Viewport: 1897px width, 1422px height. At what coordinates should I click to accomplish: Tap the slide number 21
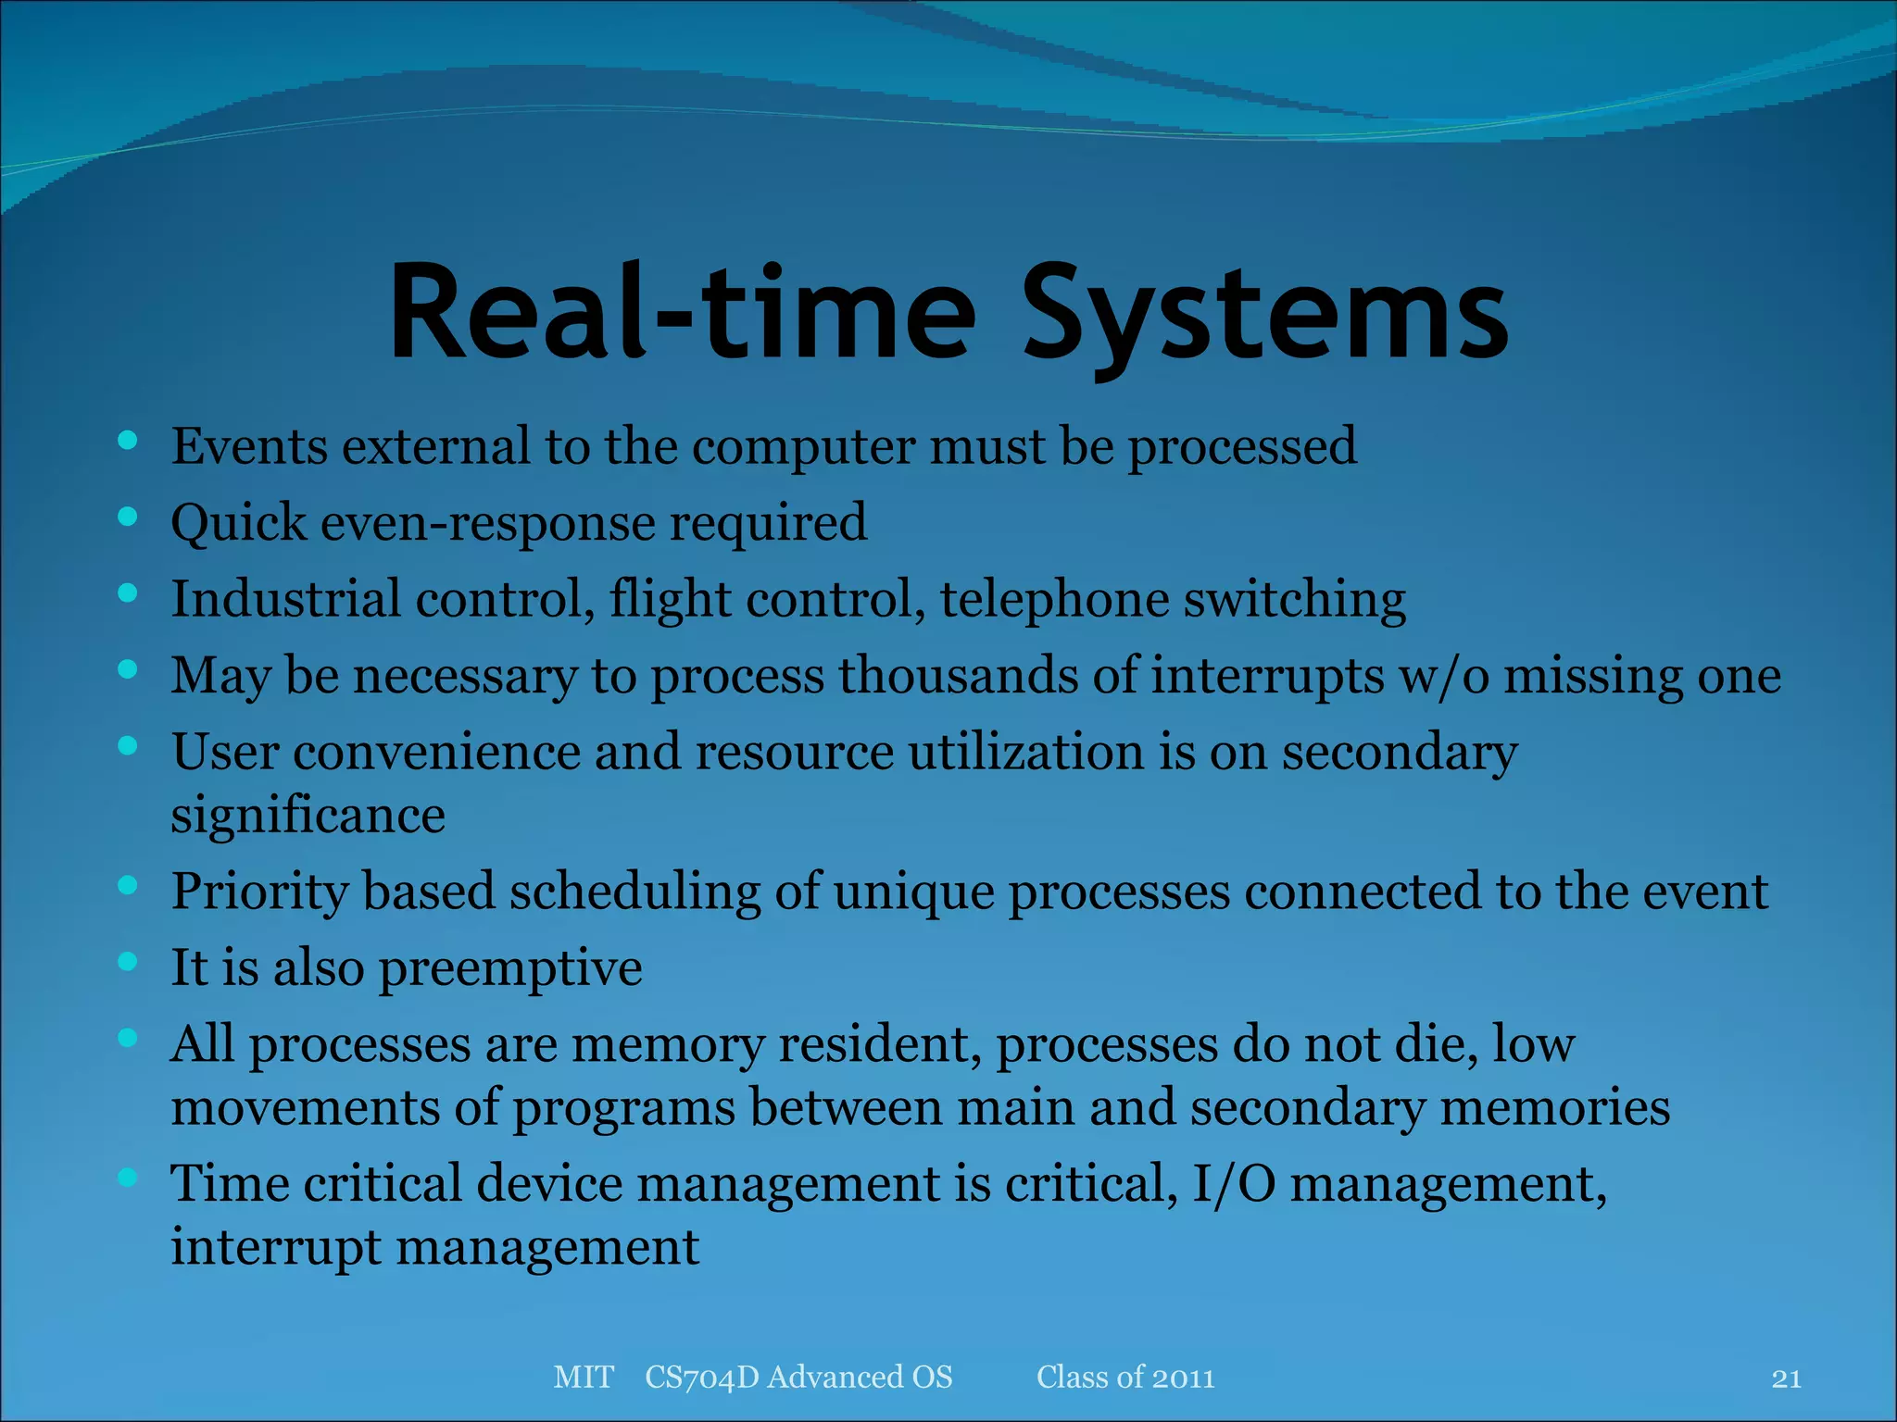(1786, 1378)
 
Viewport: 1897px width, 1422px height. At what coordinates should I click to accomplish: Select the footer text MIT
(583, 1378)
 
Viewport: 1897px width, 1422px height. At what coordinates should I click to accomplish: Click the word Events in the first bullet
(248, 446)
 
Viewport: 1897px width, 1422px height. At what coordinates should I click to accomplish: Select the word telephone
(1054, 600)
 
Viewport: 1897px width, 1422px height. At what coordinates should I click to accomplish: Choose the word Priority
(259, 892)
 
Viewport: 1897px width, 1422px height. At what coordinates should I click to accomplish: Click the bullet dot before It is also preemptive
(128, 961)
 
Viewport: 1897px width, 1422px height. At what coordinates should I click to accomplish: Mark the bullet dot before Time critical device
(128, 1178)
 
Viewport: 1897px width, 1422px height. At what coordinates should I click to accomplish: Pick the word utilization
(1025, 751)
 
